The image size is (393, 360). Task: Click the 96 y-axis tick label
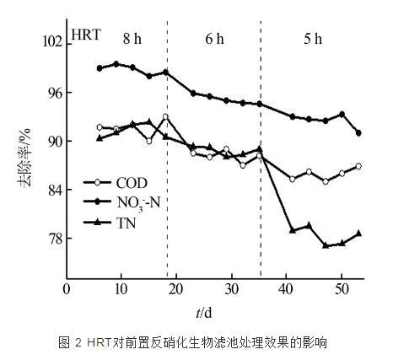click(54, 92)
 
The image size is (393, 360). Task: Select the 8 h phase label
click(132, 40)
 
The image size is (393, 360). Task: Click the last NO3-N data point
click(359, 133)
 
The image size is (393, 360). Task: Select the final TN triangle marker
click(359, 233)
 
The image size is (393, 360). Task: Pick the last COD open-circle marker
click(359, 166)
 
